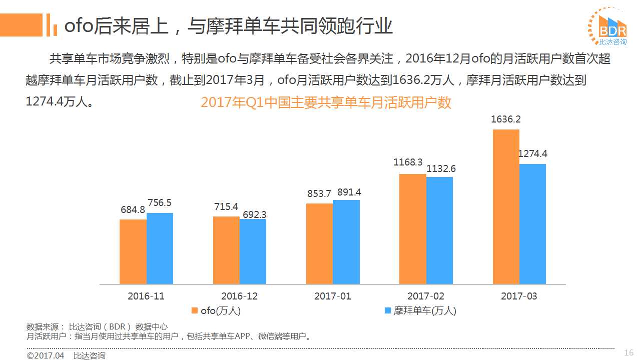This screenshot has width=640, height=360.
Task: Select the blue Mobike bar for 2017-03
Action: pos(532,223)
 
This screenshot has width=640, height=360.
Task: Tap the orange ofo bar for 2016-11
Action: pos(133,251)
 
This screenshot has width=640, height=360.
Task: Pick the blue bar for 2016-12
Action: pos(253,251)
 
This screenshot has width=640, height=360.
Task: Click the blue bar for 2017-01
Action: pos(346,242)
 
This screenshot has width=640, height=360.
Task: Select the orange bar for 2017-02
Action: pos(412,229)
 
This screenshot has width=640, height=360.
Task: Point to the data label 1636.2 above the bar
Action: pos(506,119)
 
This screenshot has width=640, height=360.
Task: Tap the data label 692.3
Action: pos(254,214)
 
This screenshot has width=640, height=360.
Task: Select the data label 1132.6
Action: pos(441,168)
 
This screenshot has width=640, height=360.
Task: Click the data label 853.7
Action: pos(319,193)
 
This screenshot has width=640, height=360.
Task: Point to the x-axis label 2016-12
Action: pos(239,296)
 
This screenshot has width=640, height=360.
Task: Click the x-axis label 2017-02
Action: pos(425,296)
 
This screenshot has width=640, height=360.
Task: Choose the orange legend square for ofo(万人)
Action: pos(195,310)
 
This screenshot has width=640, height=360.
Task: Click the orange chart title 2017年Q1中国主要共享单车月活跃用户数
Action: pos(326,102)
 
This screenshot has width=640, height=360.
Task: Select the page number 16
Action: pos(629,353)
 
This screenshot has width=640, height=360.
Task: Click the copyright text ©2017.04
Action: pos(46,355)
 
